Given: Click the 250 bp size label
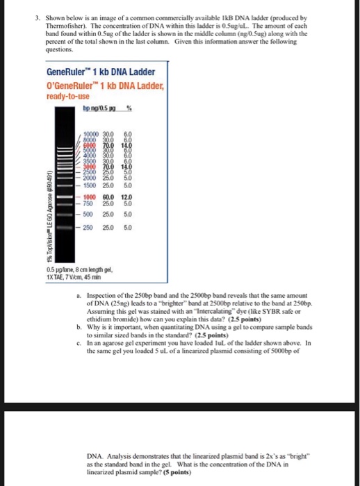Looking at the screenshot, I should (88, 227).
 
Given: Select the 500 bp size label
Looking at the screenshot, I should (88, 215).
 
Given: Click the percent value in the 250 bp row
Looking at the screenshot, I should (128, 227).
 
